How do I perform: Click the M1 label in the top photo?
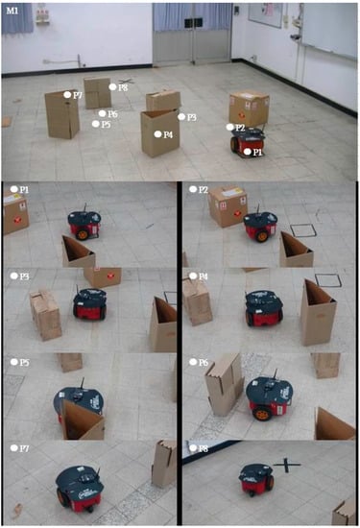pyautogui.click(x=12, y=11)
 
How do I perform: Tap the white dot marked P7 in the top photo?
pyautogui.click(x=67, y=95)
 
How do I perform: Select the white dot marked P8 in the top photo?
pyautogui.click(x=112, y=87)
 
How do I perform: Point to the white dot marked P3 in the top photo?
pyautogui.click(x=181, y=117)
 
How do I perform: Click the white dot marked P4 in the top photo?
pyautogui.click(x=157, y=134)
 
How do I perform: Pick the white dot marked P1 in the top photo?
pyautogui.click(x=248, y=152)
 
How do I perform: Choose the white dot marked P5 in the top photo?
pyautogui.click(x=96, y=124)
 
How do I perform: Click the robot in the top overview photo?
pyautogui.click(x=248, y=141)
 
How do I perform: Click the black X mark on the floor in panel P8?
pyautogui.click(x=287, y=465)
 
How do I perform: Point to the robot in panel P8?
pyautogui.click(x=256, y=479)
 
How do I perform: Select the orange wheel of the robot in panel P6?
pyautogui.click(x=263, y=414)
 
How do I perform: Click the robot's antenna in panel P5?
pyautogui.click(x=82, y=384)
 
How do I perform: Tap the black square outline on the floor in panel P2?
pyautogui.click(x=303, y=230)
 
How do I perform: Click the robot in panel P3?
pyautogui.click(x=90, y=303)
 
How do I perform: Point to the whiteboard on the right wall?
pyautogui.click(x=329, y=30)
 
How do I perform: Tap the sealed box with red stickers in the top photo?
pyautogui.click(x=249, y=109)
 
